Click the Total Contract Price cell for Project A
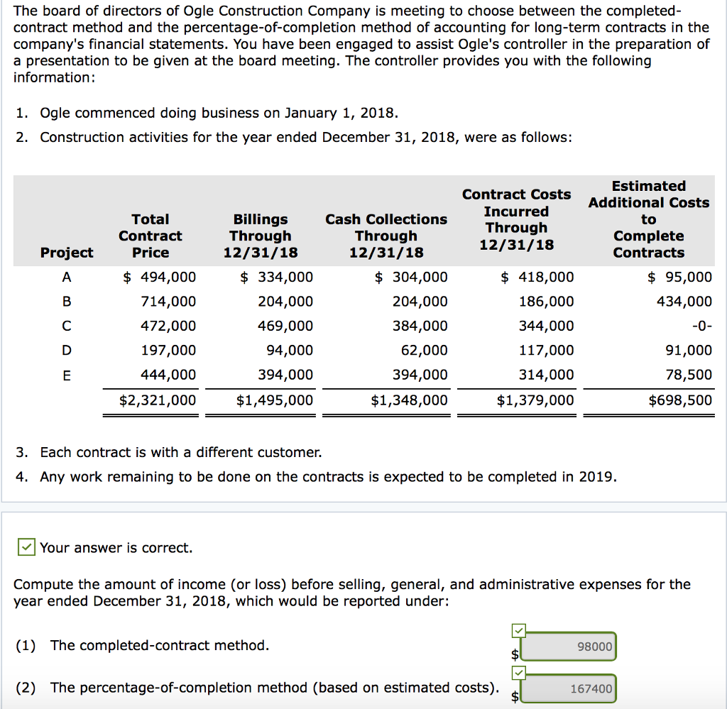tap(160, 277)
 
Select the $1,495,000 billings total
tap(274, 400)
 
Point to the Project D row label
tap(67, 350)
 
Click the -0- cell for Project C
tap(700, 326)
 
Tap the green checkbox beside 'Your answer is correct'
tap(26, 547)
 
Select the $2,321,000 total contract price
tap(157, 400)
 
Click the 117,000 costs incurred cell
tap(546, 350)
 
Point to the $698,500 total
tap(680, 400)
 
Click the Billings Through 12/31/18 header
tap(261, 236)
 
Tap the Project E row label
tap(67, 375)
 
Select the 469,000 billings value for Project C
tap(285, 326)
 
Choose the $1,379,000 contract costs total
tap(535, 400)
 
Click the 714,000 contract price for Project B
tap(169, 302)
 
